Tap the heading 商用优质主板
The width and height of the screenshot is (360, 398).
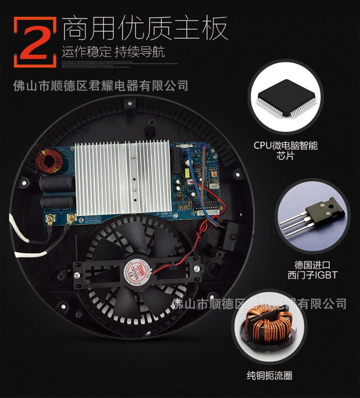coord(144,28)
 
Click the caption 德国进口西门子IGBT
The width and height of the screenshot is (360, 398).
coord(309,268)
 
